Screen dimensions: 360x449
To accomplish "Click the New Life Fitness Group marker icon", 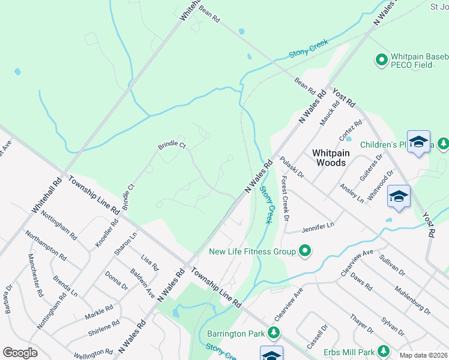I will [306, 251].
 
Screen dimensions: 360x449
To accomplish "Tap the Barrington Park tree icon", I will [274, 332].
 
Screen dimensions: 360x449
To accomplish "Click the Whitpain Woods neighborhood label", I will [329, 158].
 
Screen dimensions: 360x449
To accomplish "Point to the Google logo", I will [20, 353].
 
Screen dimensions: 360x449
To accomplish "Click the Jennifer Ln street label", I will [318, 227].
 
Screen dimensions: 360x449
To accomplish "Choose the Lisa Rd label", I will [149, 262].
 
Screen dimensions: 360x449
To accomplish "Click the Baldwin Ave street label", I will [143, 284].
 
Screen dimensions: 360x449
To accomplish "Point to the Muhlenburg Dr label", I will [413, 301].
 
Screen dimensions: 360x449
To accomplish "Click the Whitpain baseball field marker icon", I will [381, 59].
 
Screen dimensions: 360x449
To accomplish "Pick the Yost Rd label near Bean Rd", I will [344, 97].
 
